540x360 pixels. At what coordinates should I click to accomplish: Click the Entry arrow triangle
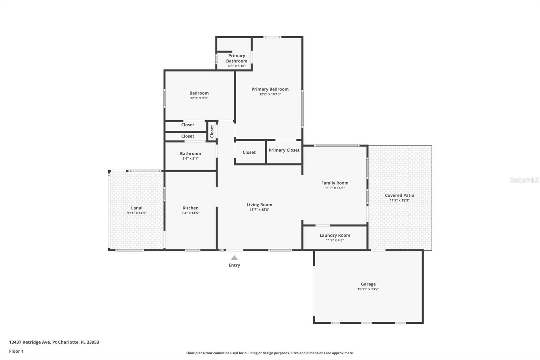[234, 258]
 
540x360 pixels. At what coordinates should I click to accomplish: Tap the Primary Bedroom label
[270, 89]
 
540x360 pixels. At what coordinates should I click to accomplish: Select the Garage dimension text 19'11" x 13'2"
[368, 289]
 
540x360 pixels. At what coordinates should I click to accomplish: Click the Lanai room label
[137, 208]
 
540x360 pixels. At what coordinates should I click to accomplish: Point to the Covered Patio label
[399, 195]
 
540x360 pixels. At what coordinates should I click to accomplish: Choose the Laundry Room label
[335, 235]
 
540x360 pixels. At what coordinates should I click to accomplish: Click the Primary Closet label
[284, 150]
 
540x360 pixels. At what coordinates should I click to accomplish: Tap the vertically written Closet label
[212, 131]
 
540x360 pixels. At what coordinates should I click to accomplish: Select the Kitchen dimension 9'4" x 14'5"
[190, 213]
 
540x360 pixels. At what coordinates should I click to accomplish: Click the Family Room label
[335, 183]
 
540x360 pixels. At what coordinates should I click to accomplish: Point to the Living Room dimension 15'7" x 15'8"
[259, 210]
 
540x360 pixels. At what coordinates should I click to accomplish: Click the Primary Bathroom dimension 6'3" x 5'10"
[237, 66]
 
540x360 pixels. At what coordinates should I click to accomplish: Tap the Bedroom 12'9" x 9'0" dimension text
[199, 98]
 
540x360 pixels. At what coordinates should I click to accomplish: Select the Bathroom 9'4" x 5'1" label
[190, 154]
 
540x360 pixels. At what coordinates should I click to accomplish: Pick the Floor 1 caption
[16, 351]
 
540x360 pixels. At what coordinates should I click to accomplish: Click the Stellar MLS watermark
[524, 180]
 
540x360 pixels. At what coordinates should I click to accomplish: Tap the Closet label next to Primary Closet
[249, 152]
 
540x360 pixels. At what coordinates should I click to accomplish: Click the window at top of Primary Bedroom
[272, 37]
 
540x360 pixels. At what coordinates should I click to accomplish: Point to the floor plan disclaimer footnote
[270, 353]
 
